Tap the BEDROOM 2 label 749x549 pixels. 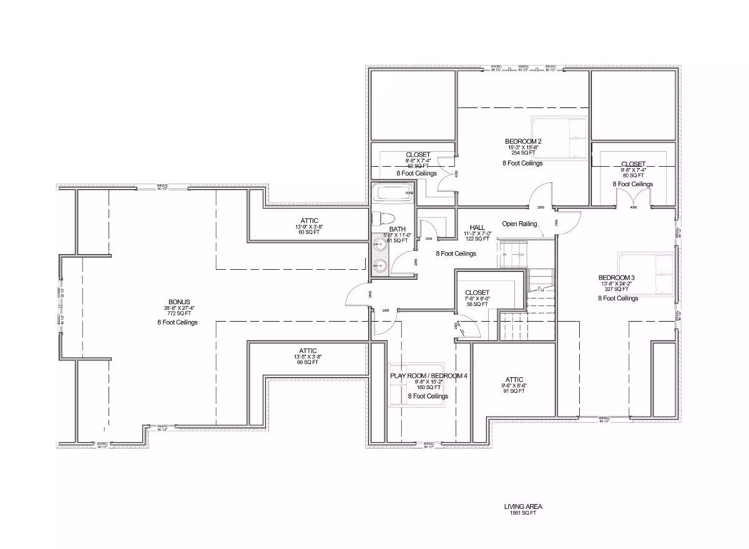523,141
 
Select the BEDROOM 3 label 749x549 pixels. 617,277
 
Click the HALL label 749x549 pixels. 477,227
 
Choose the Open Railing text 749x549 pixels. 519,224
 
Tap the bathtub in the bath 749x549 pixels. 393,193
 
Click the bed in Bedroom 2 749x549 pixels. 559,137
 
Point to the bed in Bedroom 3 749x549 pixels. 647,275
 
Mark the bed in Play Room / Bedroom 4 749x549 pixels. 416,385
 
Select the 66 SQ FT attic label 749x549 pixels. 308,362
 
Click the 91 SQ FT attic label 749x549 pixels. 514,391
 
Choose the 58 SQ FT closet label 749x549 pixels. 477,305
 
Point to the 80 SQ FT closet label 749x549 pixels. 632,176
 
